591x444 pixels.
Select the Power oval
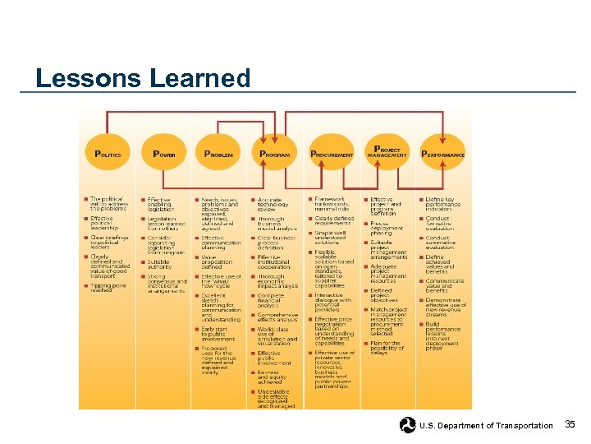click(x=163, y=154)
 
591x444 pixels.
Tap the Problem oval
click(x=218, y=154)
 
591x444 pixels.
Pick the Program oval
click(x=274, y=154)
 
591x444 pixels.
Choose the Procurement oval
click(x=332, y=154)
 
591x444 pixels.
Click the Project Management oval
click(x=387, y=153)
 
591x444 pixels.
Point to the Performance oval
click(x=442, y=154)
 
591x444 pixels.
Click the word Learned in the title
click(x=200, y=78)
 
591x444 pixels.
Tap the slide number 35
click(x=570, y=424)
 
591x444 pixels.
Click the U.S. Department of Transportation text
click(x=486, y=425)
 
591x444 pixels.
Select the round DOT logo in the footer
click(x=408, y=425)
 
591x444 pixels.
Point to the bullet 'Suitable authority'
click(x=161, y=264)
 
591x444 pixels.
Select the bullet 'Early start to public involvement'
click(x=218, y=333)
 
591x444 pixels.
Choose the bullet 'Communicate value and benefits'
click(x=444, y=285)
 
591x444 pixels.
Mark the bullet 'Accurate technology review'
click(x=274, y=204)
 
